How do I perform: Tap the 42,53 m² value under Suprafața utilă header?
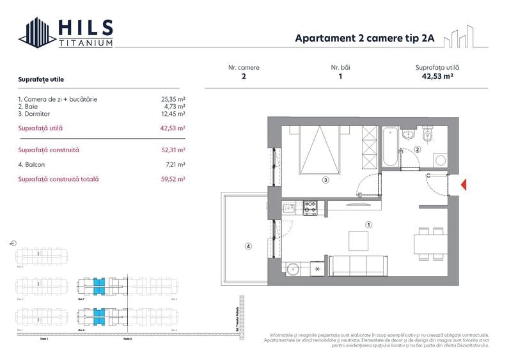pos(437,75)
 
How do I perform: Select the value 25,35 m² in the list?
pos(173,99)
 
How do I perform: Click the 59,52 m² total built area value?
pos(173,180)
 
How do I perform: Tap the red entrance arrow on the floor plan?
pos(464,185)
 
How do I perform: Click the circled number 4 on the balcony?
pos(248,246)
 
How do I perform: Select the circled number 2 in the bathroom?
pos(417,150)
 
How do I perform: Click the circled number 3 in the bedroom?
pos(325,180)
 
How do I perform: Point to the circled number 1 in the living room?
pos(368,224)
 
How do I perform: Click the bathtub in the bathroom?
pos(390,146)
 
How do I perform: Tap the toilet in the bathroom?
pos(428,136)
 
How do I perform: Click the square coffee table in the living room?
pos(358,240)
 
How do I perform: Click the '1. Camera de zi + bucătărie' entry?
pos(58,99)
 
